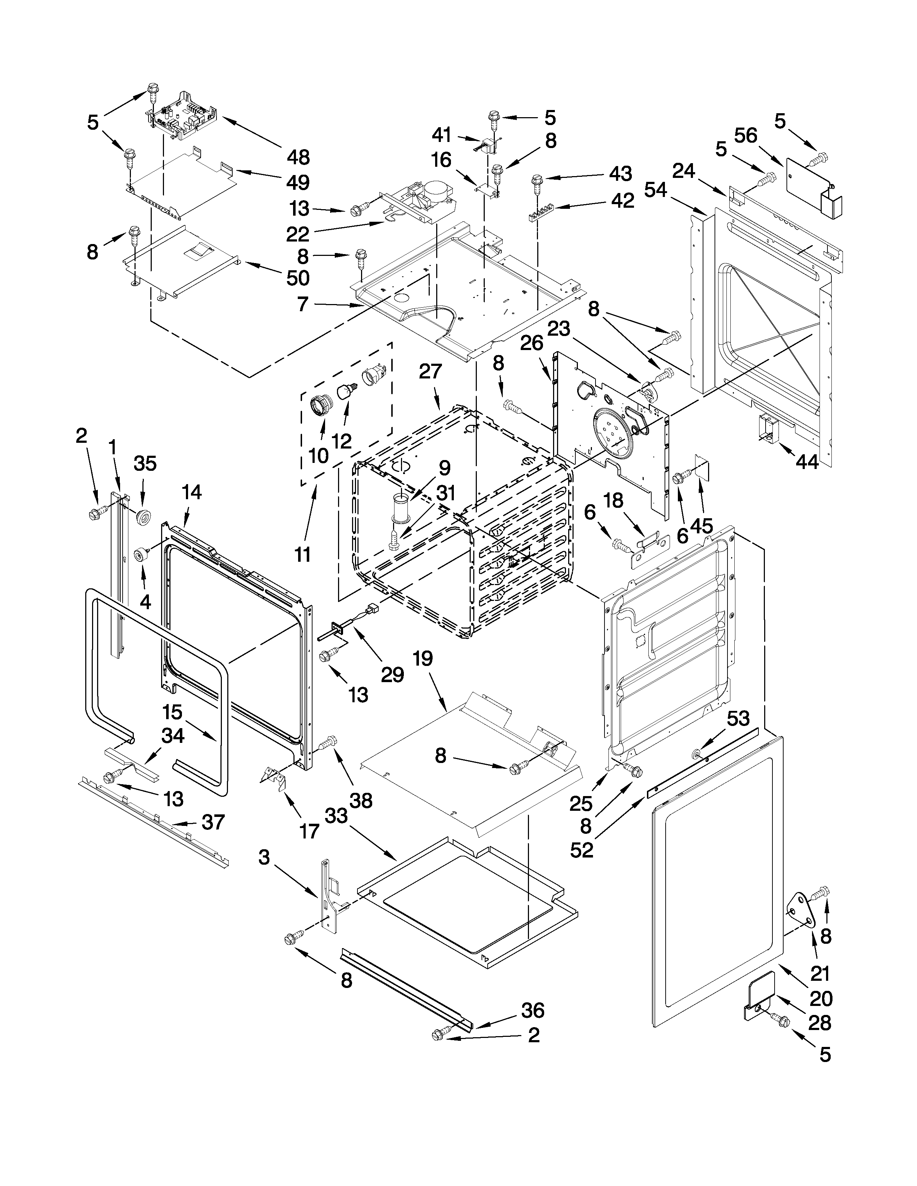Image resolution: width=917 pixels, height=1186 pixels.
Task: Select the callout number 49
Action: coord(298,183)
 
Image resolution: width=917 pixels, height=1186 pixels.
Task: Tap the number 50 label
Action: coord(298,278)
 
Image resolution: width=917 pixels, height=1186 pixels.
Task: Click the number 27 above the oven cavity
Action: coord(431,372)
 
